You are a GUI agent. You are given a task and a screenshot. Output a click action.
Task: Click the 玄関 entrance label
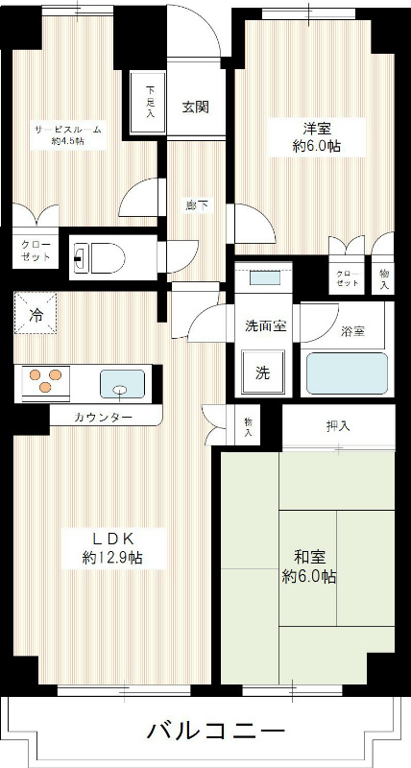coord(195,107)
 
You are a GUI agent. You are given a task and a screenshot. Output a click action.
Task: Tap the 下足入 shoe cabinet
coord(150,101)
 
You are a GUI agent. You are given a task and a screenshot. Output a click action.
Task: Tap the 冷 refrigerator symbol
coord(36,313)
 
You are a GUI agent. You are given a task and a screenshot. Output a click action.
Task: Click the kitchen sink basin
coord(121,384)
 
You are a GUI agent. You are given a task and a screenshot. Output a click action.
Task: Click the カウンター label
coord(105,418)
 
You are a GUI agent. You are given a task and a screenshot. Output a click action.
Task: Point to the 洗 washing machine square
coord(262,373)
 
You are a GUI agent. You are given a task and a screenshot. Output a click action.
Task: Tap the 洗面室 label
coord(265,325)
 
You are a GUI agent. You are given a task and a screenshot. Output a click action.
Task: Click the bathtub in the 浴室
coord(346,372)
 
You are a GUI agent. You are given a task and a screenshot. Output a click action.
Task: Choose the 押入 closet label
coord(337,426)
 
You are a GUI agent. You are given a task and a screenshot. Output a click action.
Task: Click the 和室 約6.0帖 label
coord(308,565)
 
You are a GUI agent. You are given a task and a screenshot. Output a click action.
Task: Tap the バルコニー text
coord(215,732)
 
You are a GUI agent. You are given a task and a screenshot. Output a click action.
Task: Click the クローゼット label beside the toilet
coord(36,252)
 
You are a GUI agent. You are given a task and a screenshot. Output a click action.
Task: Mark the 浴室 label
coord(353,332)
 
